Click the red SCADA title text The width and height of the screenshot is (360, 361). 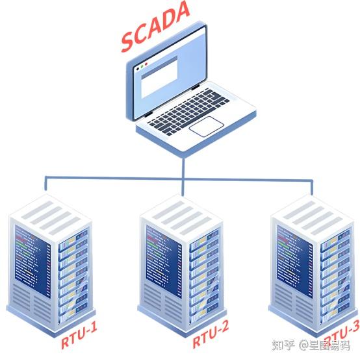coord(154,27)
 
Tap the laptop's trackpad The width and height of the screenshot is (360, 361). coord(206,126)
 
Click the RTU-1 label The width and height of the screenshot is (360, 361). coord(79,338)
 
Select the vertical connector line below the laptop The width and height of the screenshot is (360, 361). coord(184,166)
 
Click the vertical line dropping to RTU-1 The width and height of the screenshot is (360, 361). coord(46,185)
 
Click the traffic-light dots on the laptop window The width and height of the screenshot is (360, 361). coord(142,66)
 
